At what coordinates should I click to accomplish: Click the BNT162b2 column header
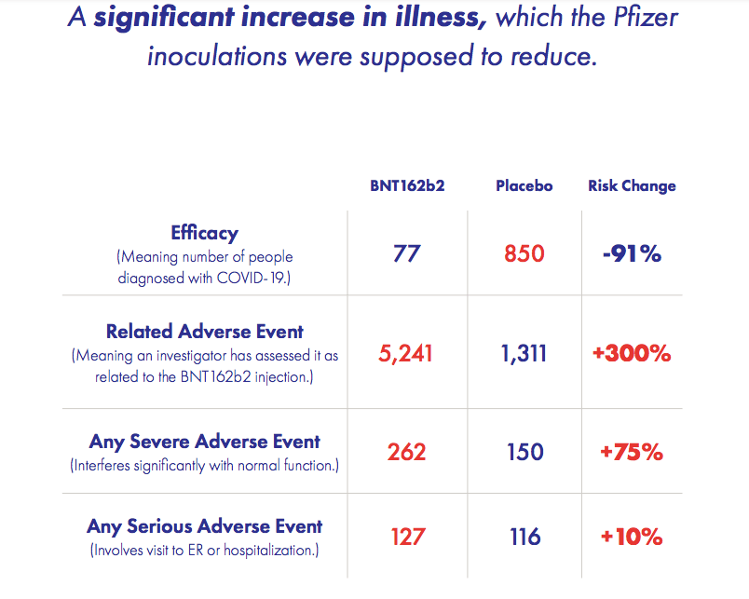407,185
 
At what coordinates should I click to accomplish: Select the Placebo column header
524,185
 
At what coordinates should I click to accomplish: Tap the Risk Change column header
632,185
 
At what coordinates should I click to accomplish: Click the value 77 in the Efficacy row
407,252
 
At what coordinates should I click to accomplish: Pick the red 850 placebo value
524,252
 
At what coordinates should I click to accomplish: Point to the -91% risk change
631,252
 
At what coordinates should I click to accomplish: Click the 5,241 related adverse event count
406,353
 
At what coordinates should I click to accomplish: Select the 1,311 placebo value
524,353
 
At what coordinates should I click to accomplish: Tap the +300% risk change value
632,353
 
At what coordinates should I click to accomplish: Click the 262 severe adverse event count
406,452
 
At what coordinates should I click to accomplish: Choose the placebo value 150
524,452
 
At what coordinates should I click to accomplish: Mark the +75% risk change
632,452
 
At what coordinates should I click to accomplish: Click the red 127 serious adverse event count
406,537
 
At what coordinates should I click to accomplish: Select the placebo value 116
524,537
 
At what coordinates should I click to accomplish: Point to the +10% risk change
632,537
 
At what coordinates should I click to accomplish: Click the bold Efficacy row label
204,233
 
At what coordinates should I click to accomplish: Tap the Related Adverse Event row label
205,332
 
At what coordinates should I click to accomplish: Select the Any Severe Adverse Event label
205,442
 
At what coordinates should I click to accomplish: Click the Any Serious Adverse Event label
205,527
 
